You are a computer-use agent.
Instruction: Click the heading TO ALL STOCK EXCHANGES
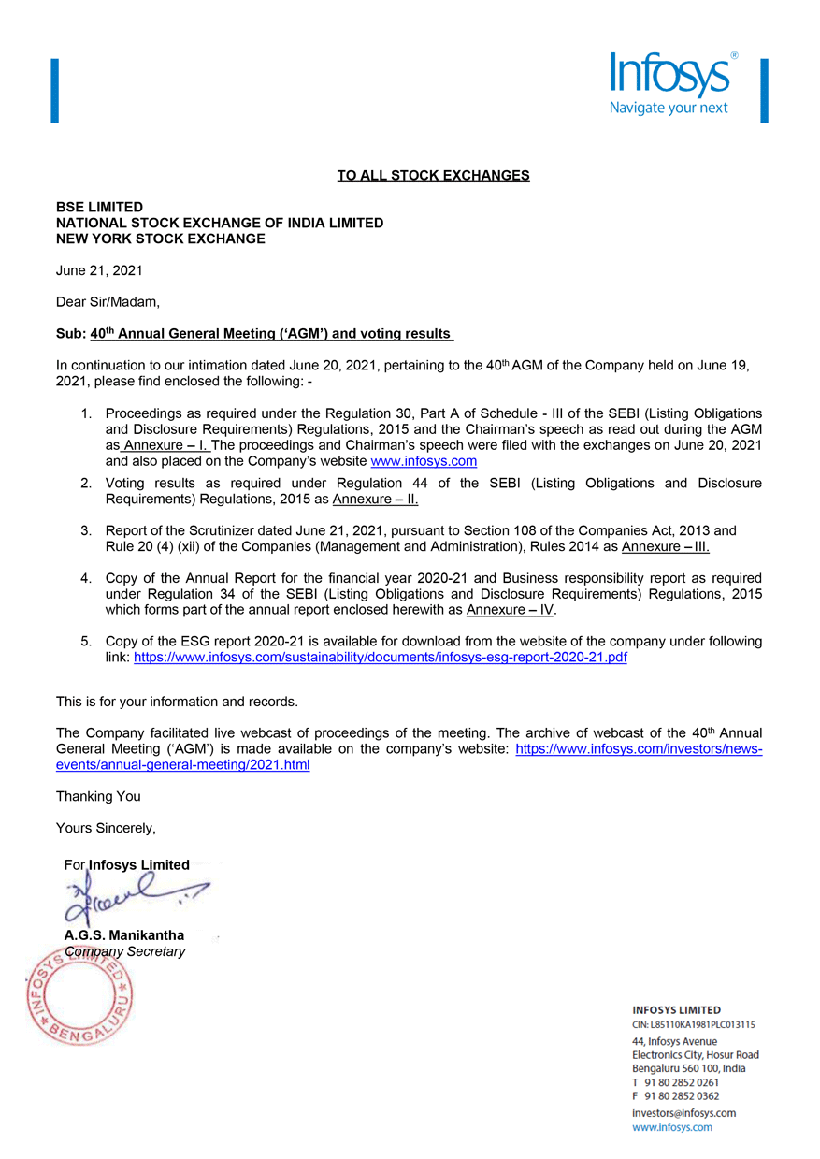pyautogui.click(x=433, y=175)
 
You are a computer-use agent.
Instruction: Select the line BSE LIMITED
pyautogui.click(x=99, y=207)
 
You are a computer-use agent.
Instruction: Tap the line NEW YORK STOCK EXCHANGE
pyautogui.click(x=160, y=239)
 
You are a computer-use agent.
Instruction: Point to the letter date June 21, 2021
pyautogui.click(x=99, y=270)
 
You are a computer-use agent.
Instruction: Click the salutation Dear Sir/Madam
pyautogui.click(x=108, y=302)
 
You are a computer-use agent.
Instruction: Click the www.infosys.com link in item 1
pyautogui.click(x=424, y=461)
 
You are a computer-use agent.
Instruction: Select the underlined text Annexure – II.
pyautogui.click(x=375, y=500)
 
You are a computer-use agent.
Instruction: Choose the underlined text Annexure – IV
pyautogui.click(x=510, y=610)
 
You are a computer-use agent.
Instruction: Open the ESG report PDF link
pyautogui.click(x=380, y=658)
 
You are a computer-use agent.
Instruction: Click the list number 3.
pyautogui.click(x=85, y=530)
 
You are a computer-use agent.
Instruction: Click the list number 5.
pyautogui.click(x=85, y=642)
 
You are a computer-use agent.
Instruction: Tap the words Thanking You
pyautogui.click(x=98, y=796)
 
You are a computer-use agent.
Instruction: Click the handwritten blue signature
pyautogui.click(x=131, y=898)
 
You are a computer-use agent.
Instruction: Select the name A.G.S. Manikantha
pyautogui.click(x=124, y=934)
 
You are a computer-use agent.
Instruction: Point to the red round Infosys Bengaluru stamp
pyautogui.click(x=79, y=993)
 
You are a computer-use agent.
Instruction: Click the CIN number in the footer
pyautogui.click(x=694, y=1024)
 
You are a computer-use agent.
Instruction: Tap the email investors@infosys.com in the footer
pyautogui.click(x=683, y=1113)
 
